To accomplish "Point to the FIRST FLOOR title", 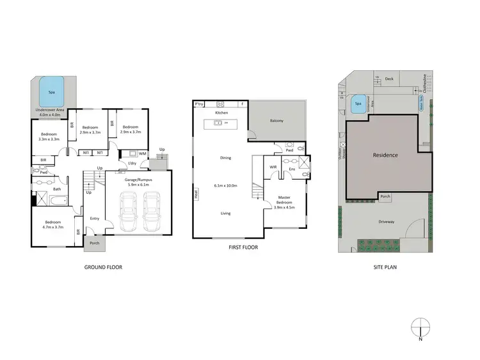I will (243, 246).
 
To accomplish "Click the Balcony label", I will (276, 120).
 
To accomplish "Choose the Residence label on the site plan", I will (385, 155).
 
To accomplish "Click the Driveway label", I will (387, 222).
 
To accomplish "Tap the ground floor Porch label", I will (94, 243).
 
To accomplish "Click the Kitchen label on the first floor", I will (221, 113).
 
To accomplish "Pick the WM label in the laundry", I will (143, 153).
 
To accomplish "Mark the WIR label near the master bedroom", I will (273, 167).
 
